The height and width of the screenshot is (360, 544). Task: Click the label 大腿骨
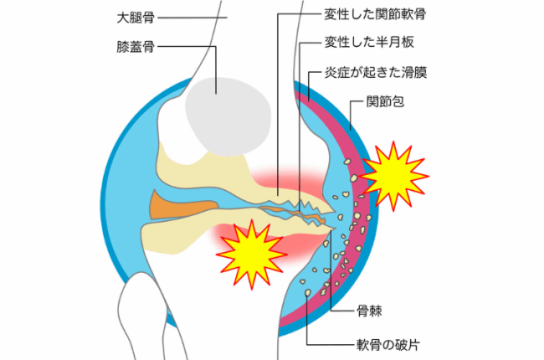tap(136, 18)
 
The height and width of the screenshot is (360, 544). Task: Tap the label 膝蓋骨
tap(136, 47)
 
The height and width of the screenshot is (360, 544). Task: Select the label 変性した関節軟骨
tap(375, 14)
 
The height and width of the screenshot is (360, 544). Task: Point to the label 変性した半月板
tap(369, 42)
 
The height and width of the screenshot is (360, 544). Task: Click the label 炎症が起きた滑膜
tap(376, 73)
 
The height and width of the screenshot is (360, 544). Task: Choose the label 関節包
tap(385, 101)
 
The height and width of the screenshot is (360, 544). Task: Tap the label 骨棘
tap(369, 311)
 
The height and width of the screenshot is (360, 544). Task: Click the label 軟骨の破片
tap(388, 345)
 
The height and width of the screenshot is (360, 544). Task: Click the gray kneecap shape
tap(228, 116)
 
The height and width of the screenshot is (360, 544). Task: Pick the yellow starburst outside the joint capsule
tap(393, 176)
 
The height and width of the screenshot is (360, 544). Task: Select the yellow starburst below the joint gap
tap(251, 255)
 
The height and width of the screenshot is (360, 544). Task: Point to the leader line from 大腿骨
tap(192, 18)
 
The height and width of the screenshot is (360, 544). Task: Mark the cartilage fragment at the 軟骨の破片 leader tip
tap(307, 293)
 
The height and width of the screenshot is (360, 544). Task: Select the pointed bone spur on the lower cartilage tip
tap(332, 229)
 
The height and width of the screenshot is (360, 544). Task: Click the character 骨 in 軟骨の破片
tap(376, 345)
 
